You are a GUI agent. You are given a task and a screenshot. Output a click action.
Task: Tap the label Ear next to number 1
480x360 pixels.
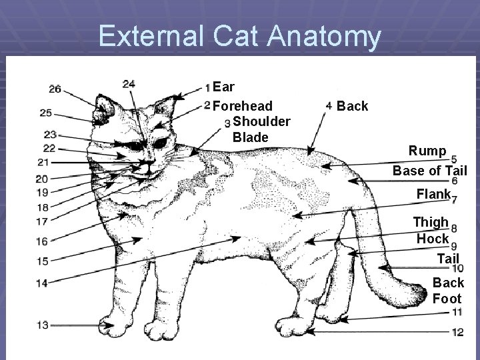click(x=223, y=87)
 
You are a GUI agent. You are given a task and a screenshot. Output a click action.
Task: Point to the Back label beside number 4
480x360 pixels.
click(x=352, y=106)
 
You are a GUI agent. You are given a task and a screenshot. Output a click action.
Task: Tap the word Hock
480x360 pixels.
click(x=433, y=238)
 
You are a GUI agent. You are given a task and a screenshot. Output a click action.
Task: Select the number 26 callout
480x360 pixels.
click(x=55, y=89)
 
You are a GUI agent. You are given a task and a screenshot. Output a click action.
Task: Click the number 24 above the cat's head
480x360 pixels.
click(x=129, y=83)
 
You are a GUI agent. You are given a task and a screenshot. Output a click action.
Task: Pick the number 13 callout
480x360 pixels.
click(x=42, y=325)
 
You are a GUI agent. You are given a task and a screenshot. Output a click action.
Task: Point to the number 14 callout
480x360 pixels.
click(x=42, y=283)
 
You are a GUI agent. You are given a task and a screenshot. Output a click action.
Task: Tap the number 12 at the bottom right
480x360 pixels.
click(x=457, y=331)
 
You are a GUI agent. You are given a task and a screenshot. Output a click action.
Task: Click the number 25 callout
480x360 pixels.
click(x=46, y=113)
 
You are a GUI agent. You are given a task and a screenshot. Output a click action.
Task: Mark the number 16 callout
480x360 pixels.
click(x=42, y=241)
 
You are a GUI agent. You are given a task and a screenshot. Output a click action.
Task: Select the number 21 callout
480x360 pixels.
click(x=43, y=163)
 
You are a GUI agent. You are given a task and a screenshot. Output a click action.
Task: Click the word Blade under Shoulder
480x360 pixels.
click(x=250, y=137)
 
